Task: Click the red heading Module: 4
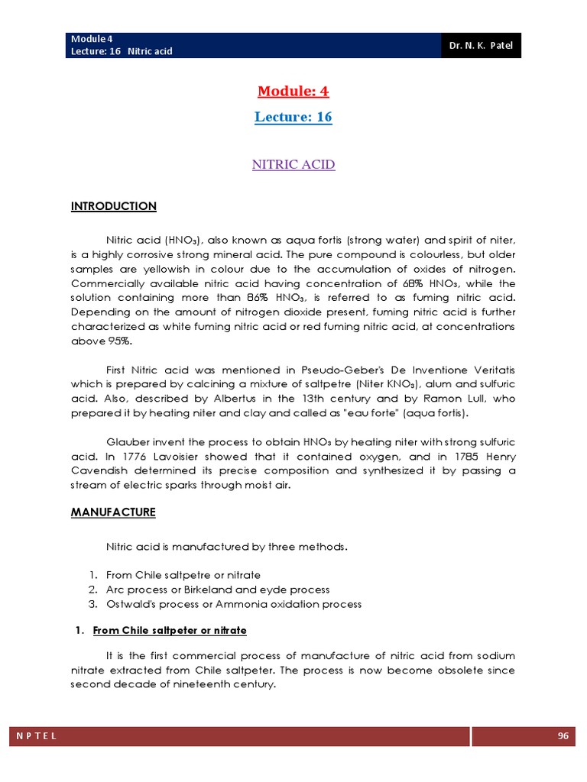293,92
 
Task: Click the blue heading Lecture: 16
293,118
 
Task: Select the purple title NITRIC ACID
293,165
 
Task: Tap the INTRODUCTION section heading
114,206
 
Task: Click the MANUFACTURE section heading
113,512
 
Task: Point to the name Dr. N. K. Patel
482,46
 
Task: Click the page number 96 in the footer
563,736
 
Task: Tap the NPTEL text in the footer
35,736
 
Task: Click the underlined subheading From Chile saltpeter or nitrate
170,631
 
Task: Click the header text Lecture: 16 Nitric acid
122,51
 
